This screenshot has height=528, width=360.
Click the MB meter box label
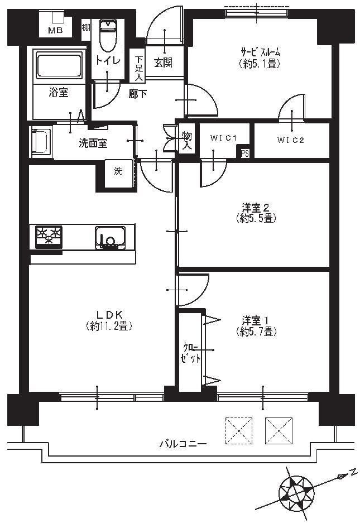56,31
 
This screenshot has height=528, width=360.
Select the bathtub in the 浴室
59,65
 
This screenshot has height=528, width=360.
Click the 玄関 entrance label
164,63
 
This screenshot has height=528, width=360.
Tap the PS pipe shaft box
245,153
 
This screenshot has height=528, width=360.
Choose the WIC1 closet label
224,138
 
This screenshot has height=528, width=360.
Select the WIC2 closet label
291,140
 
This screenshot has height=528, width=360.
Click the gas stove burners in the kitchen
49,237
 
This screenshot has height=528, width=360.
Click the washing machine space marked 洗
118,173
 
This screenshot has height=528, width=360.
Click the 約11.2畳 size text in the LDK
109,326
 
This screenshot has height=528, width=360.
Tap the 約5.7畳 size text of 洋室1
256,332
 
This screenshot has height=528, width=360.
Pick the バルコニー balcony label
183,444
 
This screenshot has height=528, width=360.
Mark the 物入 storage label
187,141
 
